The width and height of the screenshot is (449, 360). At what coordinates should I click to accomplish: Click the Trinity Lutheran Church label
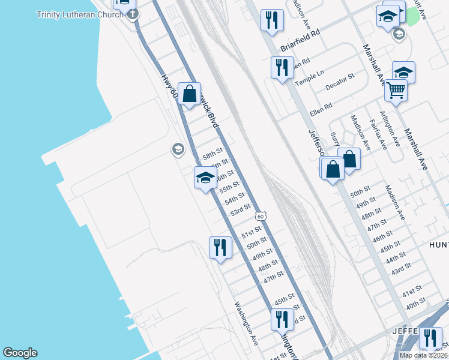click(x=76, y=14)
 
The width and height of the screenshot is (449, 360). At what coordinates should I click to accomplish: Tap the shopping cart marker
click(x=396, y=91)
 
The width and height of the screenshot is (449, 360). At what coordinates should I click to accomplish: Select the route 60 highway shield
click(x=259, y=216)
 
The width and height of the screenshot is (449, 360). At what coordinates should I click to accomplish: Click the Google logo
click(x=20, y=353)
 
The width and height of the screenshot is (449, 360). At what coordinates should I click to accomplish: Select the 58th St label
click(x=212, y=154)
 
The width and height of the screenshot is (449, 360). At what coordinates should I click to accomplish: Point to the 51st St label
click(x=251, y=232)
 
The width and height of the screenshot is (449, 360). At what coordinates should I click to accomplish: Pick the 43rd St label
click(x=400, y=268)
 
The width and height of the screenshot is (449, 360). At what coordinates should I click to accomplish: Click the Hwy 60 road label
click(x=170, y=87)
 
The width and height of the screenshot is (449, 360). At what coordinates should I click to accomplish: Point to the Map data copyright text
click(x=423, y=355)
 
